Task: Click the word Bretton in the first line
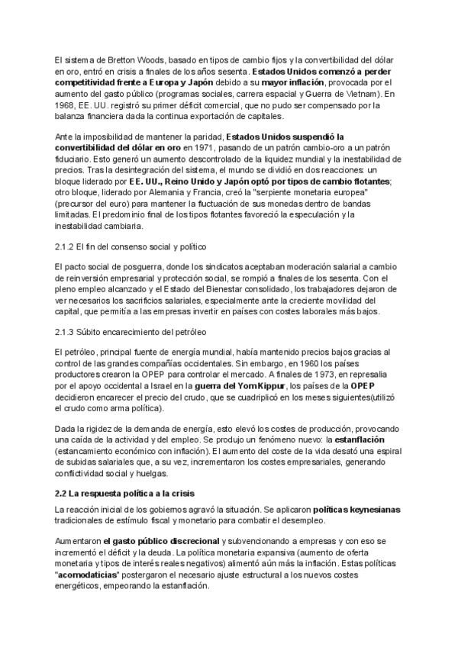112,59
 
